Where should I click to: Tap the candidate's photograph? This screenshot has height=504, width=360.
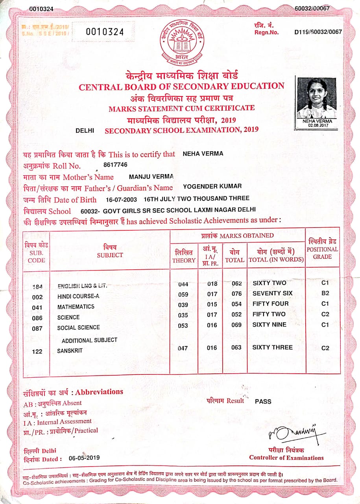pyautogui.click(x=317, y=98)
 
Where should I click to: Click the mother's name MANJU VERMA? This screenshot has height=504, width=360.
pyautogui.click(x=151, y=176)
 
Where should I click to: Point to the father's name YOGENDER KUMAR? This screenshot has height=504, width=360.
pyautogui.click(x=212, y=187)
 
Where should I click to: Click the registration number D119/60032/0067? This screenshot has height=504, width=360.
pyautogui.click(x=318, y=32)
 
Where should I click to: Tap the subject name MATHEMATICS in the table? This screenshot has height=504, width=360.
pyautogui.click(x=76, y=306)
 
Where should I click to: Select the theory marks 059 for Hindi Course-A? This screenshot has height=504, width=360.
pyautogui.click(x=183, y=294)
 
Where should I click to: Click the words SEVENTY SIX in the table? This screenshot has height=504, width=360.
pyautogui.click(x=272, y=293)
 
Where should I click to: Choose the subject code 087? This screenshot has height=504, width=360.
pyautogui.click(x=37, y=328)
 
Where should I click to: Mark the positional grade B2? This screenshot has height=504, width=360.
pyautogui.click(x=325, y=293)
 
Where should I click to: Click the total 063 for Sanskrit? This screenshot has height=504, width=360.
pyautogui.click(x=236, y=347)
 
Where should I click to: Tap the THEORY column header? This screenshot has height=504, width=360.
pyautogui.click(x=183, y=256)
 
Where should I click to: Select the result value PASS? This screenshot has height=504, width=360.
pyautogui.click(x=263, y=401)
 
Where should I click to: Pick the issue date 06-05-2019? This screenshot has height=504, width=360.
pyautogui.click(x=84, y=458)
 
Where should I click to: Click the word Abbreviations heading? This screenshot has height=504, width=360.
pyautogui.click(x=99, y=392)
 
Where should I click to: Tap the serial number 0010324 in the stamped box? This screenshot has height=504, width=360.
pyautogui.click(x=105, y=32)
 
